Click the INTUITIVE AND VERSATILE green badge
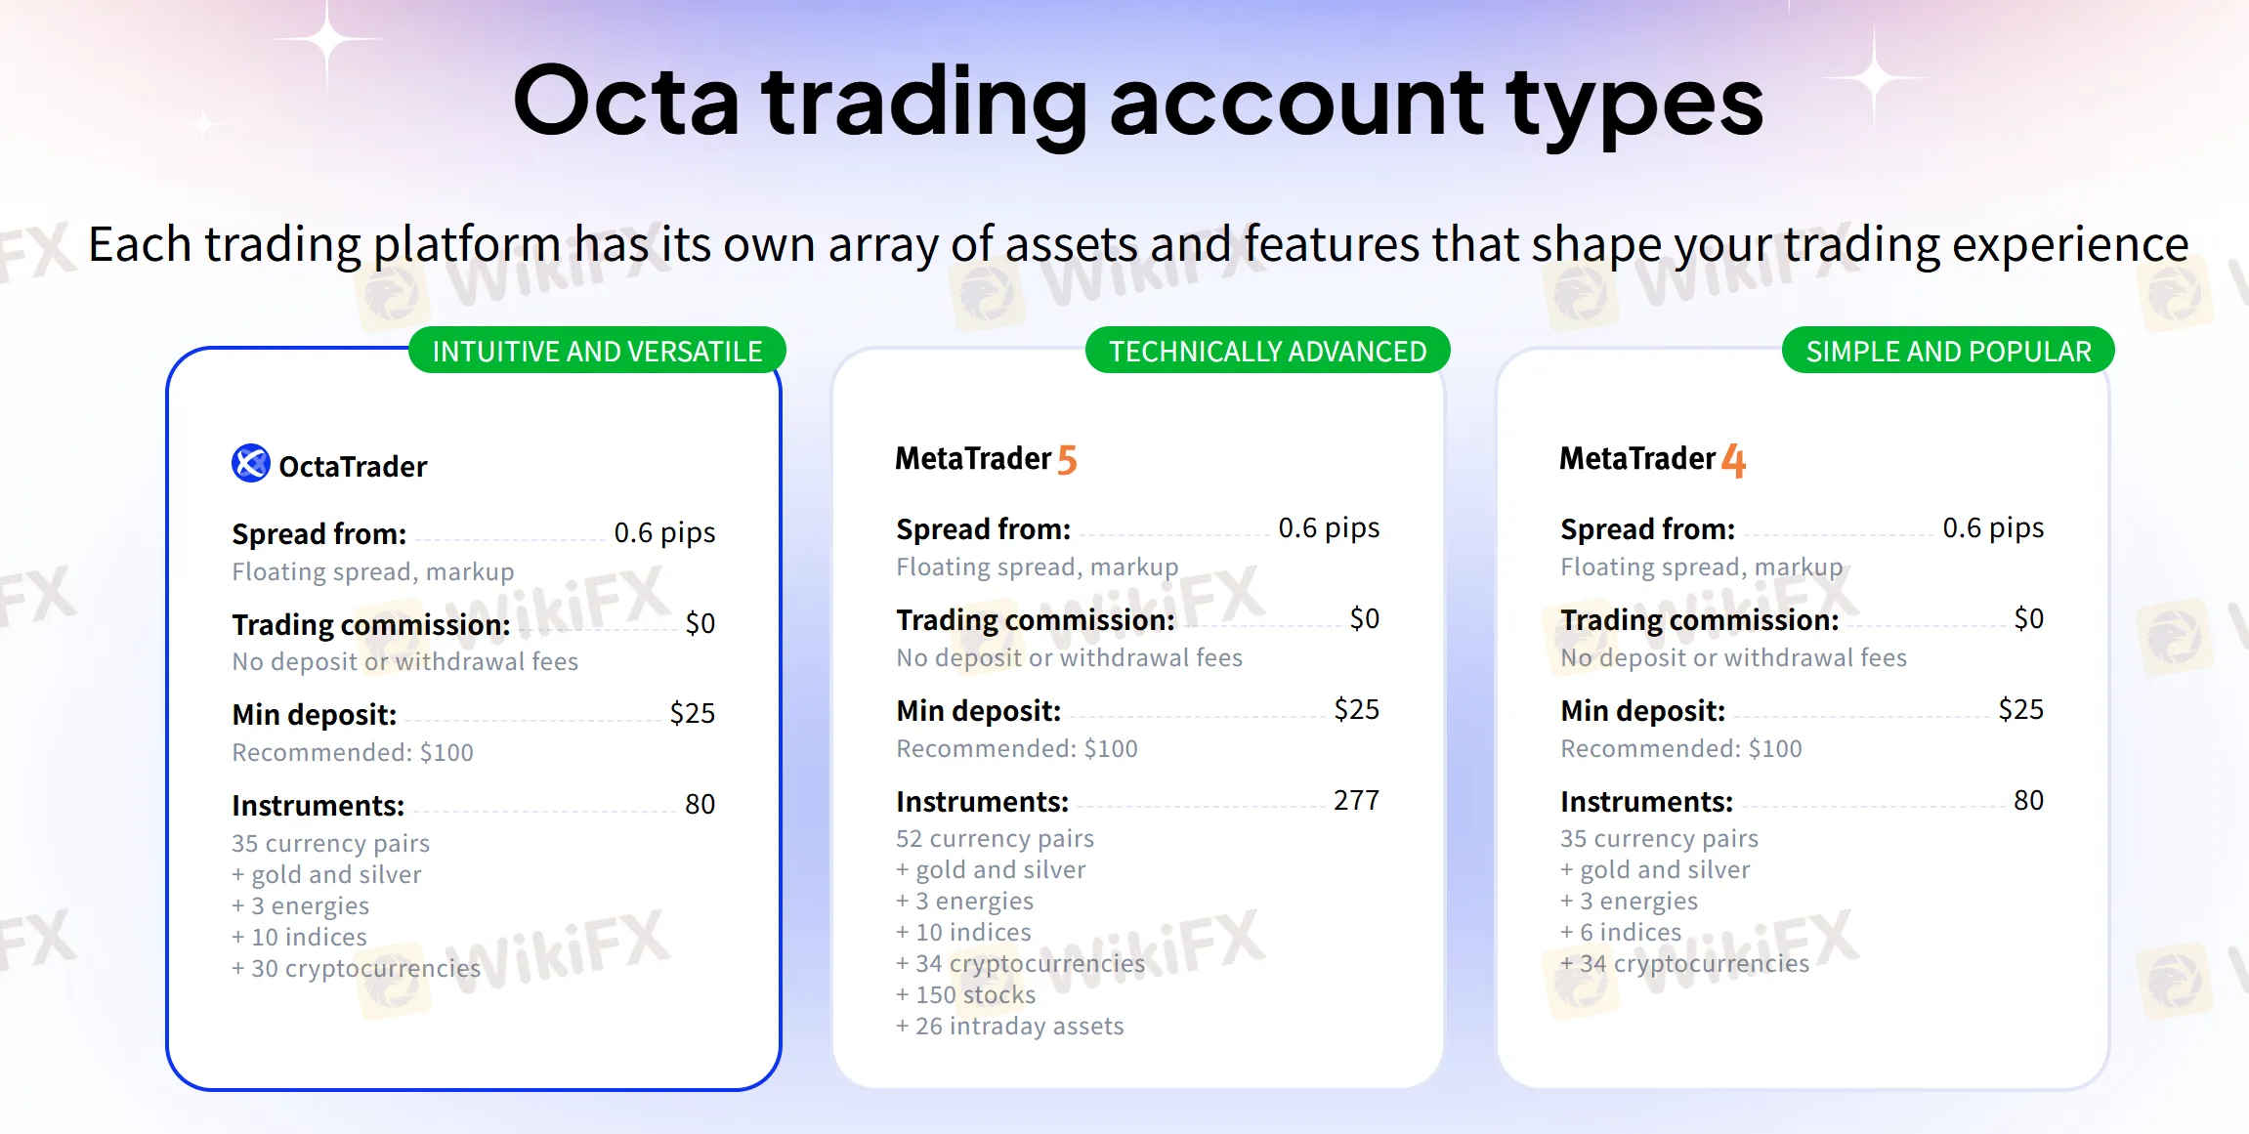pos(597,351)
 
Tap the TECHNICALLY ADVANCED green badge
pos(1267,351)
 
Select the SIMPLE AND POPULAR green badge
pos(1948,351)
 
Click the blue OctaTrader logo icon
pos(251,463)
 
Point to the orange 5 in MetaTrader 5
pos(1067,460)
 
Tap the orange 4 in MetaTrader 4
pos(1733,460)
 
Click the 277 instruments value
pos(1356,800)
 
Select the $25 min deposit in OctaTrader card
pos(693,713)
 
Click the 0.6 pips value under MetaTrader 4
pos(1993,528)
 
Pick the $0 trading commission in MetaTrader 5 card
pos(1365,618)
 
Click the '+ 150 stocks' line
pos(965,994)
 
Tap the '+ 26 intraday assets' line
pos(1010,1026)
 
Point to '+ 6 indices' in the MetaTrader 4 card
pos(1621,932)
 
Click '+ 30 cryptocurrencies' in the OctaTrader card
pos(356,968)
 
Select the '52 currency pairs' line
pos(995,838)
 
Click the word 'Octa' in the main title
pos(626,102)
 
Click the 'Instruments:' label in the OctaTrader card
pos(318,805)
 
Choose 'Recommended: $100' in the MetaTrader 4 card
pos(1681,748)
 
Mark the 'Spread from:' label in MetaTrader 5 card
pos(984,529)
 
